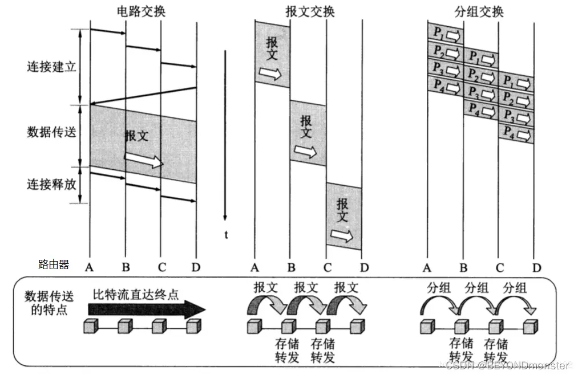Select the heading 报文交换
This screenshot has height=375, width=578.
[x=310, y=11]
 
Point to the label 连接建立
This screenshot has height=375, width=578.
[x=51, y=67]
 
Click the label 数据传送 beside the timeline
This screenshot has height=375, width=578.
[x=51, y=132]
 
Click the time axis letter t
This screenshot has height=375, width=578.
[x=227, y=234]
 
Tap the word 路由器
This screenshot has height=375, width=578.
[x=53, y=264]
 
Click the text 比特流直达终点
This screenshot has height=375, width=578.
[x=136, y=295]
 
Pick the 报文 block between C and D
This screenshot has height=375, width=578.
[x=343, y=217]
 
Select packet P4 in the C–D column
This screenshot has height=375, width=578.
[x=516, y=135]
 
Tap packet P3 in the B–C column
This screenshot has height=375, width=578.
[x=480, y=91]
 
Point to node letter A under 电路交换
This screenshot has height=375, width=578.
[x=90, y=267]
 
